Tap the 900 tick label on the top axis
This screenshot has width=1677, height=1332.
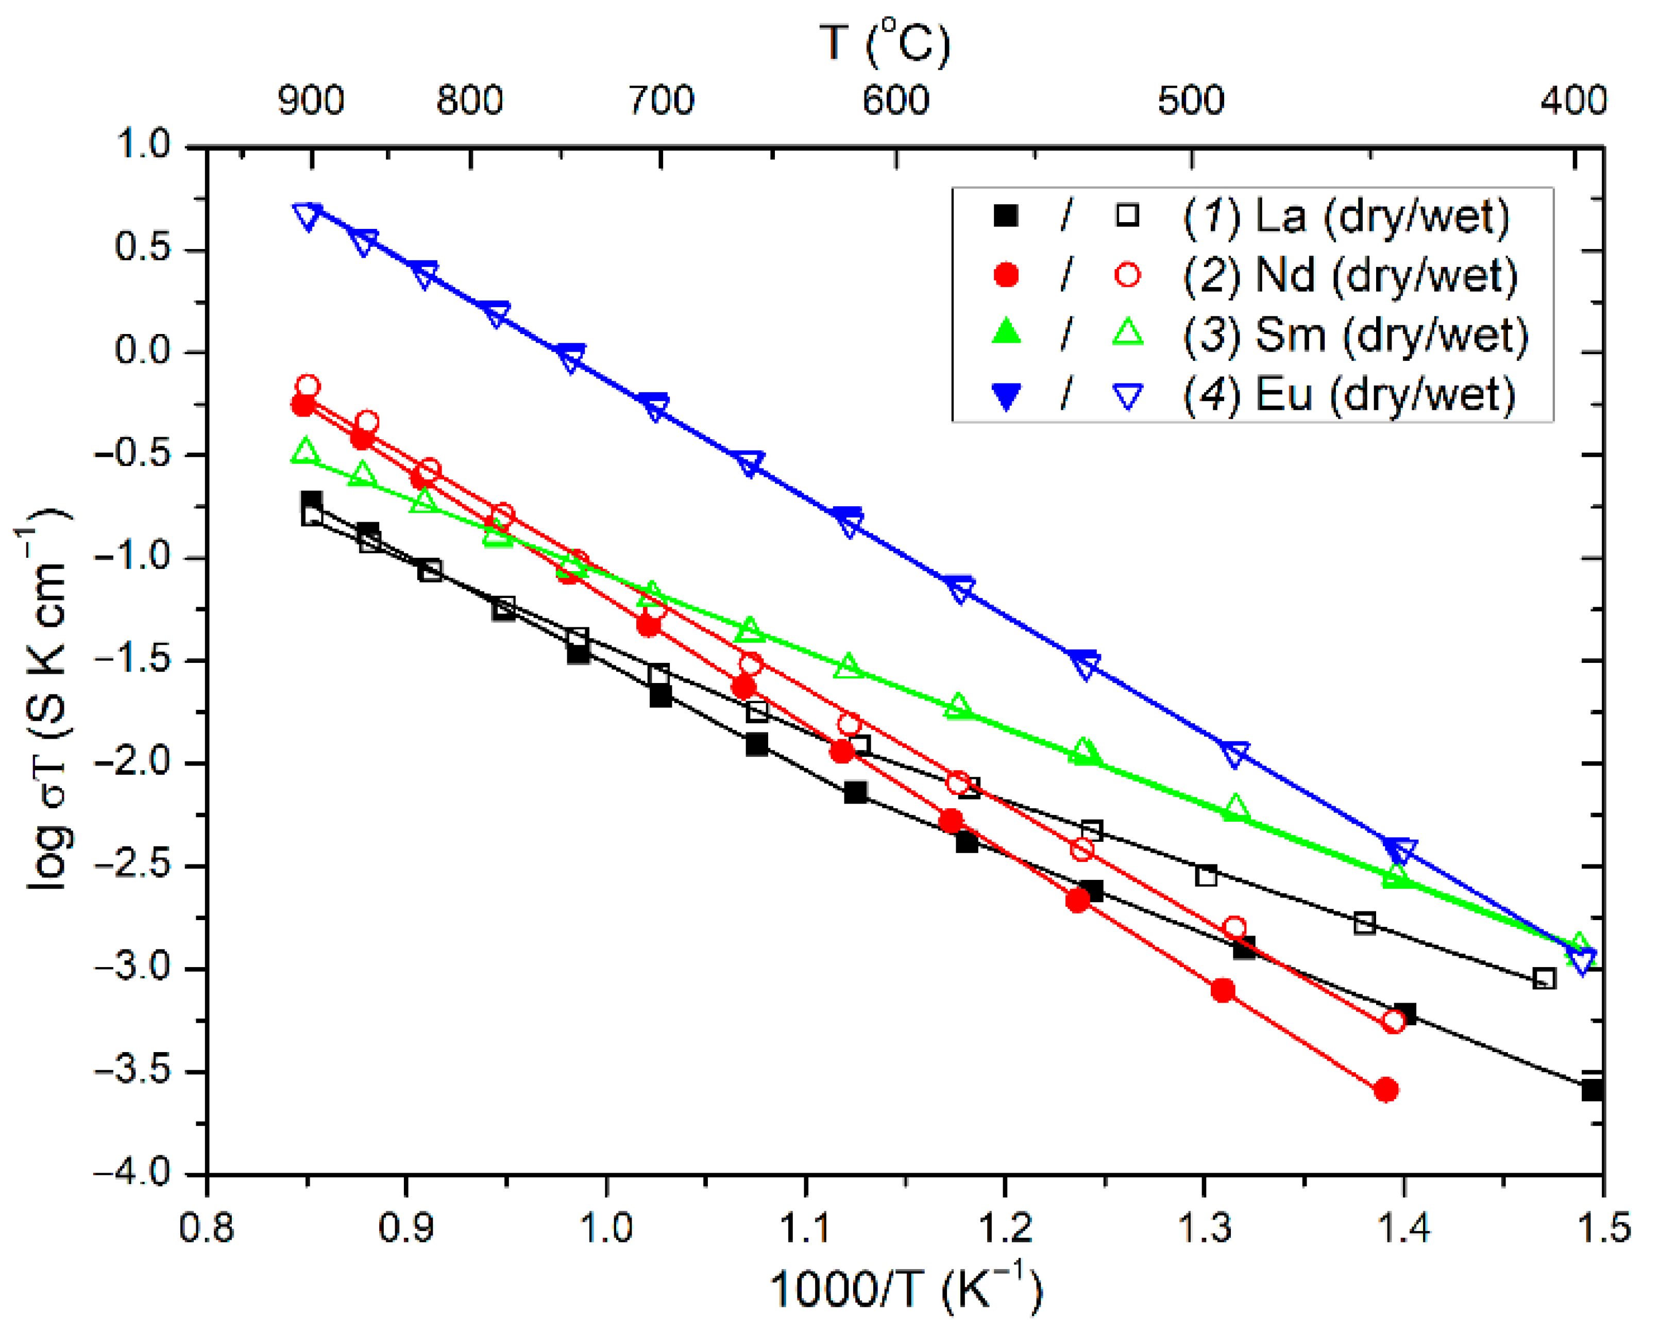[x=311, y=101]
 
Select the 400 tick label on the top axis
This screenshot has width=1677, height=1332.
[x=1573, y=101]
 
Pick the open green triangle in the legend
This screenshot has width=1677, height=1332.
[x=1128, y=335]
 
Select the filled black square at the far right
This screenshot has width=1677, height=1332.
[x=1592, y=1090]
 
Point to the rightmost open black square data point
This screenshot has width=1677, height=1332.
[x=1544, y=979]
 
